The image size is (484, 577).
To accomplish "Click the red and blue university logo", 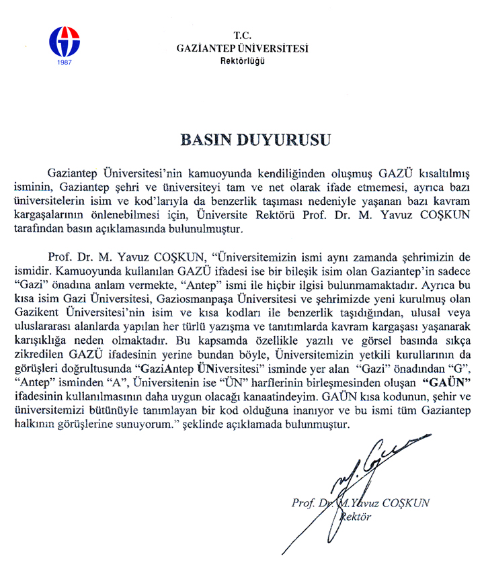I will (64, 42).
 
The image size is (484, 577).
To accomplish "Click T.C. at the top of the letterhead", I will (242, 34).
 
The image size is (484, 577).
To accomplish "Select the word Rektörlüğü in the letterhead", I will (242, 60).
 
